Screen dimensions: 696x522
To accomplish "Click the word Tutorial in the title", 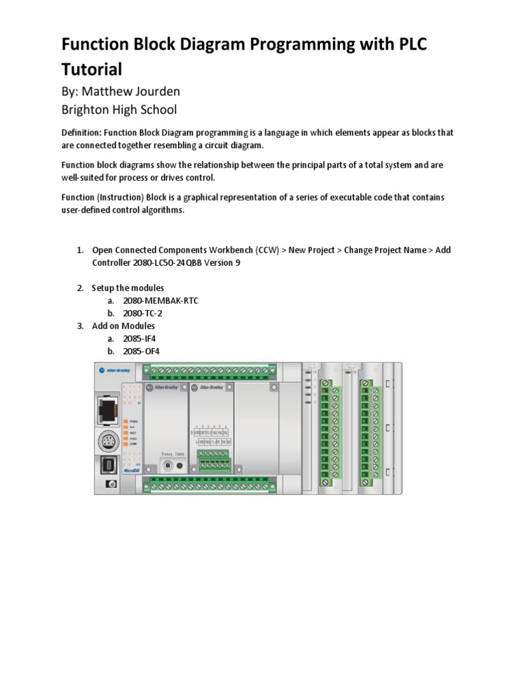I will (x=92, y=69).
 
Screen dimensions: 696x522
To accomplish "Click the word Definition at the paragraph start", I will (x=84, y=133).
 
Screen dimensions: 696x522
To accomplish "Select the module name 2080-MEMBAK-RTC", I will (x=160, y=300).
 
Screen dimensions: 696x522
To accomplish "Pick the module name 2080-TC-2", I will (x=143, y=313).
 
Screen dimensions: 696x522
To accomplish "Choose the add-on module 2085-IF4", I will (x=141, y=338).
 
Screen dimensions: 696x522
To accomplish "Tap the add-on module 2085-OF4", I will (x=142, y=351).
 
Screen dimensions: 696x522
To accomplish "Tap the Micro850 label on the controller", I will (x=111, y=470).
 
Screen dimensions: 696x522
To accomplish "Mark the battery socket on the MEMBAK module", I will (x=167, y=466).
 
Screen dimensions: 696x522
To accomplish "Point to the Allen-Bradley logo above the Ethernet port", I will (x=114, y=370).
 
